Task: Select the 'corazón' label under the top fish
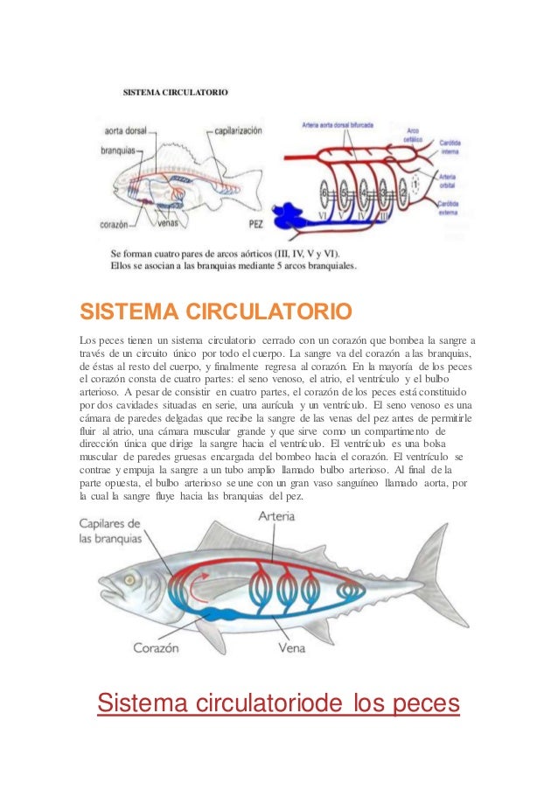tap(115, 224)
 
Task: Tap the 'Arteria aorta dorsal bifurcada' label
tap(338, 125)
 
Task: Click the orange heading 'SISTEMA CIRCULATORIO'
tap(216, 312)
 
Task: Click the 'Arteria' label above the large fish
tap(276, 517)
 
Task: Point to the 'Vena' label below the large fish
tap(290, 649)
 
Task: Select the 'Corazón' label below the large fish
tap(156, 649)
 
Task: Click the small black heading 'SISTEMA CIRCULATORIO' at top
tap(176, 90)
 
